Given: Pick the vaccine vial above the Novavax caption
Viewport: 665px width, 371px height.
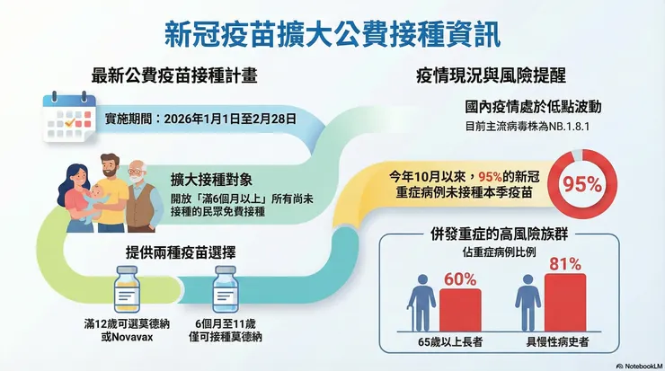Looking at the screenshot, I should [127, 289].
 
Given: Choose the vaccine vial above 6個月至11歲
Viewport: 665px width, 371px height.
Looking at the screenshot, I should [223, 289].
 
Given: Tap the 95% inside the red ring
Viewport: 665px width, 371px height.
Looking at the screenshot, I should [583, 185].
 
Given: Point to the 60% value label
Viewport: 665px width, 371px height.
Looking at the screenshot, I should [459, 278].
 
